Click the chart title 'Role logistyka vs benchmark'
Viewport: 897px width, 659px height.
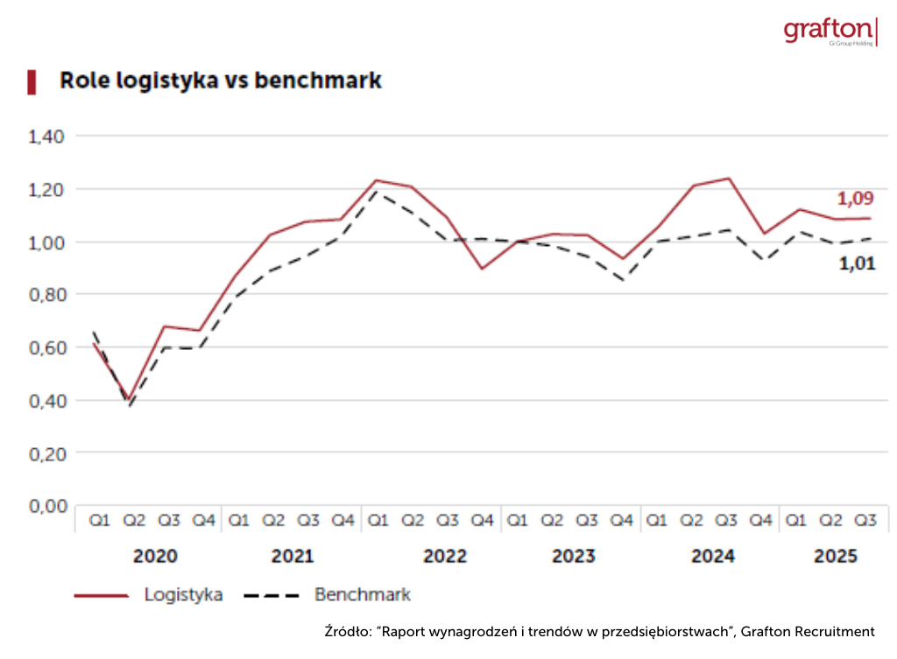[220, 81]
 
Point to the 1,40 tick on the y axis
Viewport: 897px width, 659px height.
[47, 137]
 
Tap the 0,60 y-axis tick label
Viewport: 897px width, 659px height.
[47, 347]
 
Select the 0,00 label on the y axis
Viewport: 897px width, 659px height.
[47, 506]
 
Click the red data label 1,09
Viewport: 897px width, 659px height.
[855, 198]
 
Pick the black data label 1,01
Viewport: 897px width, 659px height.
[857, 263]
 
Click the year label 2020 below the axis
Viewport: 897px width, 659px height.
[154, 556]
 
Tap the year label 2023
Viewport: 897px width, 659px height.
[573, 556]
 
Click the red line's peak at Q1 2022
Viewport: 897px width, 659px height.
[377, 180]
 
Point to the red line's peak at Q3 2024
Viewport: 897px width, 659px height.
[727, 179]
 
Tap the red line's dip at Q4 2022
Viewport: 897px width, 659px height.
[482, 268]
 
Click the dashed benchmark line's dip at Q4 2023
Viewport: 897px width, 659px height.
[621, 280]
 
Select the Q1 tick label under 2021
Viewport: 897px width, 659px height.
[238, 521]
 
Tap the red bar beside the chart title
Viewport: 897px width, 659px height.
[32, 81]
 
